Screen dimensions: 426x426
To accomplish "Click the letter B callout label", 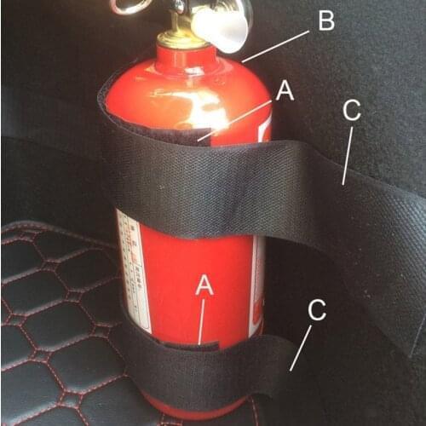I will [x=325, y=20].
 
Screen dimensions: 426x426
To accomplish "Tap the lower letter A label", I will [x=204, y=286].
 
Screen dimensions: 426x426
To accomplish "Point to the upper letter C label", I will [x=351, y=112].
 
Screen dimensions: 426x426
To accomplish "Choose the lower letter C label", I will [x=317, y=310].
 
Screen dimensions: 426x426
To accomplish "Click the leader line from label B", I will [x=274, y=46].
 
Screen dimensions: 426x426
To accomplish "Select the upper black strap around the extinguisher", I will [x=213, y=183].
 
